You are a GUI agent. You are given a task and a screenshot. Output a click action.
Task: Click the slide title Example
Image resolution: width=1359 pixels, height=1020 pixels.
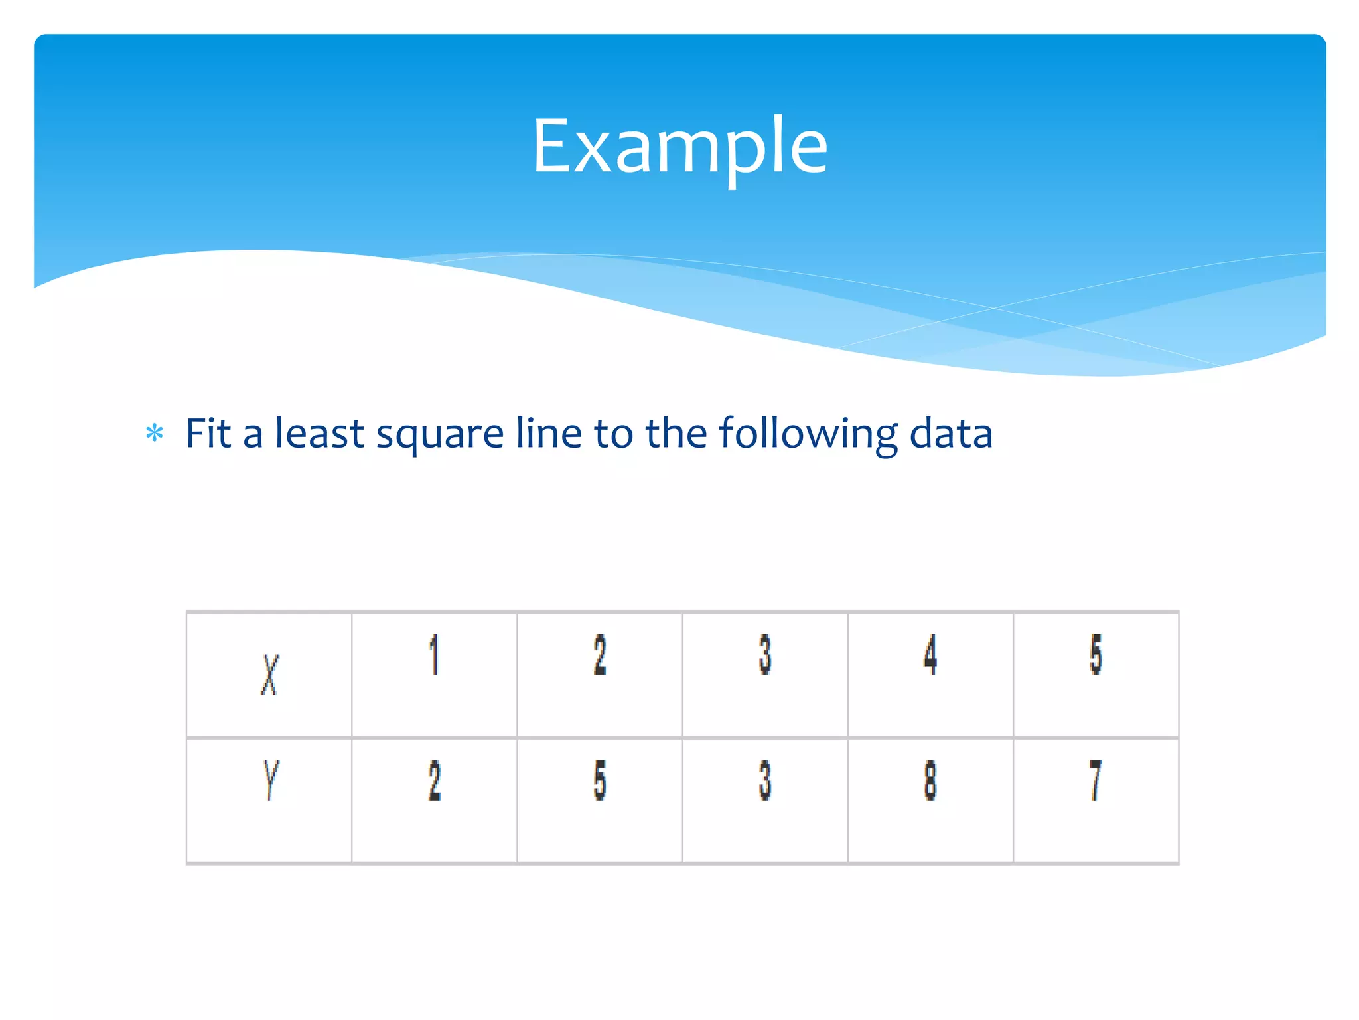[x=679, y=146]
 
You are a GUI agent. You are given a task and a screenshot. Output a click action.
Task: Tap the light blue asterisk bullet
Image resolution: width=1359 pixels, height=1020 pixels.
[x=155, y=434]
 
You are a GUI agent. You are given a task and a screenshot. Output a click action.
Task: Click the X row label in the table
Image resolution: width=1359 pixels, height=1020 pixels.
[x=269, y=675]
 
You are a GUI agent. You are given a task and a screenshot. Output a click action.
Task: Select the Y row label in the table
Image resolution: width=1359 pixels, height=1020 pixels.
[x=270, y=780]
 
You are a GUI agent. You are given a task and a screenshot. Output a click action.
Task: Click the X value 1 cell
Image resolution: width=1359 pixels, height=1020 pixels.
[x=434, y=655]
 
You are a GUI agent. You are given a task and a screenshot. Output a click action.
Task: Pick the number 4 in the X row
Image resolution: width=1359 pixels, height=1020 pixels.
[x=930, y=655]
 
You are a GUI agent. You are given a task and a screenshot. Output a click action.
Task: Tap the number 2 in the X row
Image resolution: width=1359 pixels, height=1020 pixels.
[x=599, y=655]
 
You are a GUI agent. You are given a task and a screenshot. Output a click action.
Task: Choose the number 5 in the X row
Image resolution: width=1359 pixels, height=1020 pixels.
[x=1096, y=655]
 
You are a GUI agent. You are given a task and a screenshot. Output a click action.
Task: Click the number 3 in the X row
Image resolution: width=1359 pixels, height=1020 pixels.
[x=765, y=655]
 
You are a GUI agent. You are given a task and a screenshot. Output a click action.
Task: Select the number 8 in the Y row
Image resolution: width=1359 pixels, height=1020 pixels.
[x=930, y=780]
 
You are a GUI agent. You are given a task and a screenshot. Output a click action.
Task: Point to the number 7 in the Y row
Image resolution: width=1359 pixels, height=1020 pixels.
[x=1096, y=780]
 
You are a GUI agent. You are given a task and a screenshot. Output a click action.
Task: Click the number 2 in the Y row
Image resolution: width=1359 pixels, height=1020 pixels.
[x=434, y=780]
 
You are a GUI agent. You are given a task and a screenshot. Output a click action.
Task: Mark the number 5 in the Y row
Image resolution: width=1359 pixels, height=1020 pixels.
[x=599, y=780]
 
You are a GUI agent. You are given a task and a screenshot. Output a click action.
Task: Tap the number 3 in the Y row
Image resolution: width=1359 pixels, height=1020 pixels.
[x=765, y=780]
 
